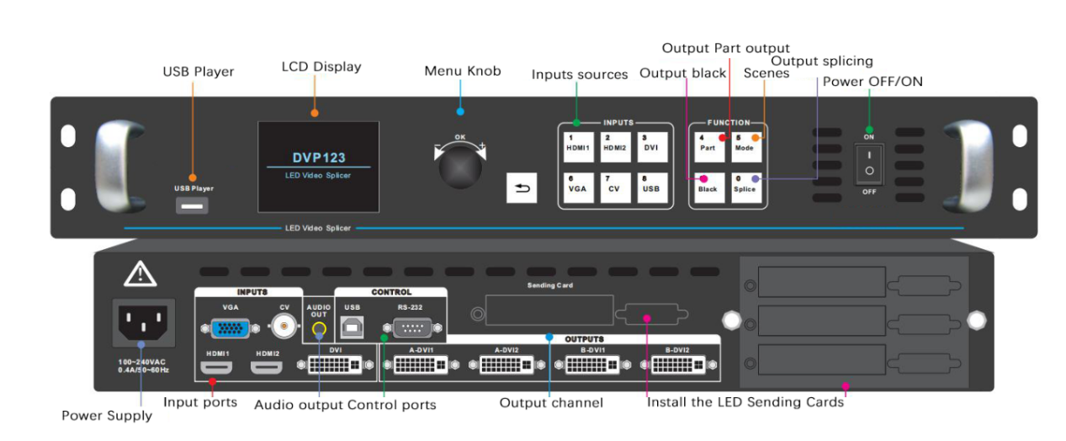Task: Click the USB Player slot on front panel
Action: [193, 205]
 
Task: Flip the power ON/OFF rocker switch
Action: [869, 163]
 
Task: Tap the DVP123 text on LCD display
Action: [319, 157]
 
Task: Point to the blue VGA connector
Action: [229, 328]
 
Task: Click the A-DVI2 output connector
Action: [506, 364]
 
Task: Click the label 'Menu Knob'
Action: [462, 72]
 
